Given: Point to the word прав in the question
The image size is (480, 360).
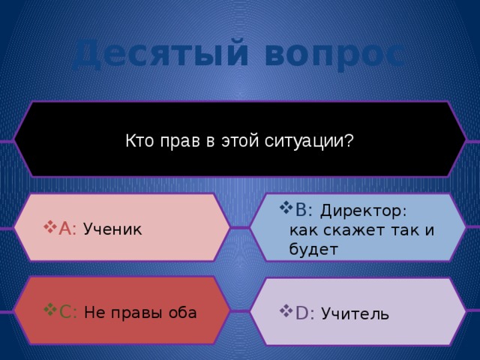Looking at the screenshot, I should (175, 141).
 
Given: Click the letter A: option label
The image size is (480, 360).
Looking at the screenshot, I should (68, 228).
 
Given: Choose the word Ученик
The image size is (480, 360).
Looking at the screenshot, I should (112, 229).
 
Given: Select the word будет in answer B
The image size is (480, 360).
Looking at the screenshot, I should (313, 249).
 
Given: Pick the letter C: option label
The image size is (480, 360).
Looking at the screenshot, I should (68, 312).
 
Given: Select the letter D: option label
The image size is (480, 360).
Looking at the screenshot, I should (304, 313).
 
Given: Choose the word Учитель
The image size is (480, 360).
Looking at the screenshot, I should (355, 313).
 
